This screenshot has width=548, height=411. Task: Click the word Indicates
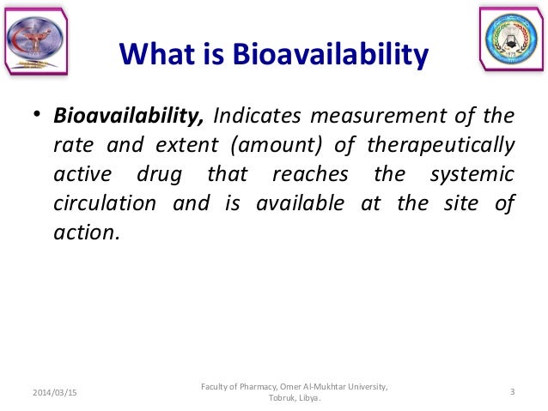[255, 116]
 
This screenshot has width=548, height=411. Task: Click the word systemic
[472, 174]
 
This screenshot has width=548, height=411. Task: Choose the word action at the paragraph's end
[82, 233]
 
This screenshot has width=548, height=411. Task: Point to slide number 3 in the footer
[512, 392]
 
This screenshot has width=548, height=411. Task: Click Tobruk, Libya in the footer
[294, 398]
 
